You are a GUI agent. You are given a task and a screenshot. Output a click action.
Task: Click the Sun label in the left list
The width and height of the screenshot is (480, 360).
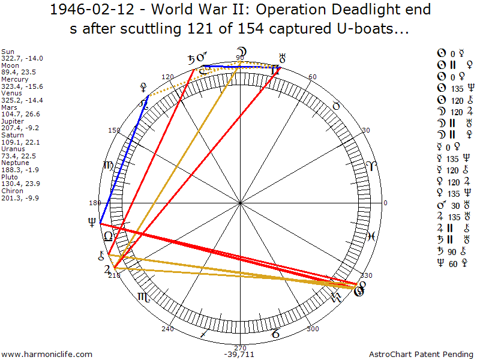point(8,52)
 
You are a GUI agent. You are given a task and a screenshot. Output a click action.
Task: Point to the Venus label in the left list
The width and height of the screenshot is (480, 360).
point(13,93)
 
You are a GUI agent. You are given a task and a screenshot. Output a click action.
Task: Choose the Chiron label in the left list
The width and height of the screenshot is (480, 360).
point(13,190)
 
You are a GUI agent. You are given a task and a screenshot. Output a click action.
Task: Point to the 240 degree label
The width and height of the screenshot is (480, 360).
point(167,329)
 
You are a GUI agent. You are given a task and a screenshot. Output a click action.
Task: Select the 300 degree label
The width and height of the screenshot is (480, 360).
point(312,329)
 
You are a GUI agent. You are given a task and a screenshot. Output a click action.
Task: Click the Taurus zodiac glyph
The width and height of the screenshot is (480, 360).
point(337,106)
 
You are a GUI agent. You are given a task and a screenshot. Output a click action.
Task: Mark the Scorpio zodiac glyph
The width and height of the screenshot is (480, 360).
point(144,296)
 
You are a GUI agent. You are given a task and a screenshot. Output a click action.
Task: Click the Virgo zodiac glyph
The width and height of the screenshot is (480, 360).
point(109,166)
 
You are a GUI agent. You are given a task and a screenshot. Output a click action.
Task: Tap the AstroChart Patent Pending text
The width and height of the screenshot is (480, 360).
point(420,354)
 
